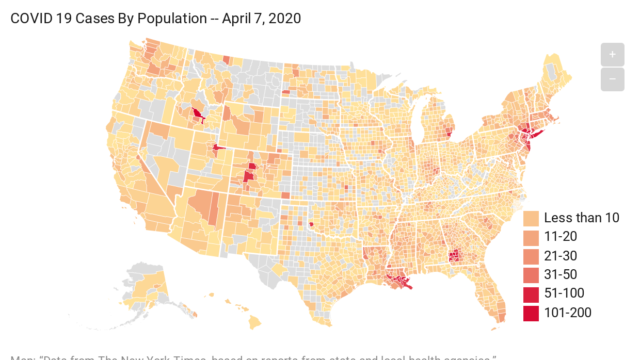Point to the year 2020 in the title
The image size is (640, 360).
coord(282,18)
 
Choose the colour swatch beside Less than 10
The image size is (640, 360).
coord(532,218)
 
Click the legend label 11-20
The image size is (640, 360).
coord(561,237)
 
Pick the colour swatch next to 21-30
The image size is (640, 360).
coord(532,255)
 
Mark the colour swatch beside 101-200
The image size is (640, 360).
coord(532,312)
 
